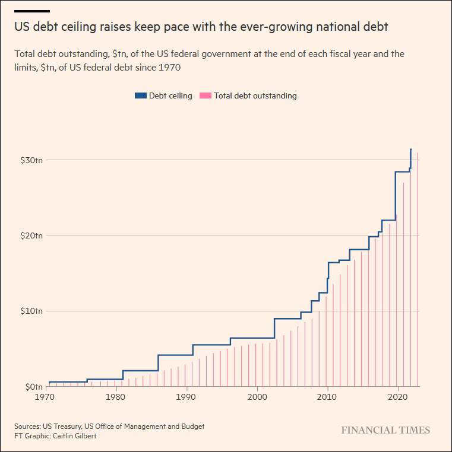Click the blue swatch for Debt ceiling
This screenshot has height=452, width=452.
coord(140,96)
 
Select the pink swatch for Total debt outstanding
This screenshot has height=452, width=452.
coord(205,96)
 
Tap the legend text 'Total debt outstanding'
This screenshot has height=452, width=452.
coord(255,96)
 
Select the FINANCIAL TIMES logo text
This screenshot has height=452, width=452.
coord(385,431)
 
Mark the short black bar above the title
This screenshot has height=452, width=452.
coord(32,11)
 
